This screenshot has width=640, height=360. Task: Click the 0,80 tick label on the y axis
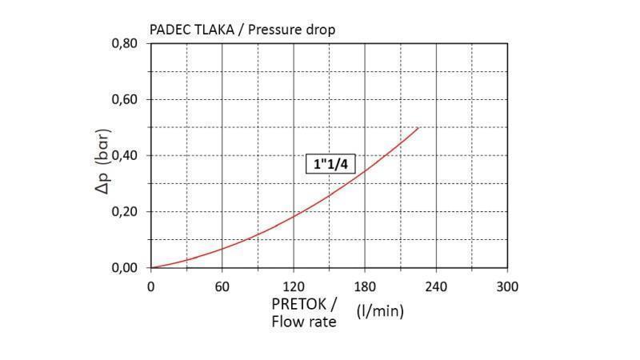[124, 43]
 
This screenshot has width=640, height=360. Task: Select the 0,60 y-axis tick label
[124, 99]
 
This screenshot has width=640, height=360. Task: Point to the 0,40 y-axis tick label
[124, 155]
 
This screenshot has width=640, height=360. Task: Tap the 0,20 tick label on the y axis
[124, 211]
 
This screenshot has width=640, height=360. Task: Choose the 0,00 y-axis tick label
[124, 267]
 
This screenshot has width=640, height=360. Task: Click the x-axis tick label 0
[151, 286]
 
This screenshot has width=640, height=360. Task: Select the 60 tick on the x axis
[222, 286]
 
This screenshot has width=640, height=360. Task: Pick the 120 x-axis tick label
[294, 286]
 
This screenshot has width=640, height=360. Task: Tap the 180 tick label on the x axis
[365, 286]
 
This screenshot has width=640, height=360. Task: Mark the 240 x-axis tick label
[436, 286]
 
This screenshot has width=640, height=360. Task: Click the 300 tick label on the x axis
[507, 286]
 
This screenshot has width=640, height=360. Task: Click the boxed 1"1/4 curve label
[331, 164]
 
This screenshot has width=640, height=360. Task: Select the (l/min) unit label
[380, 310]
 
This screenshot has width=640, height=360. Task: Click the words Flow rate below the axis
[305, 322]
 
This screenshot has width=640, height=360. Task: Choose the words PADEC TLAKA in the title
[191, 30]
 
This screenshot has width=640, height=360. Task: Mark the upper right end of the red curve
[418, 128]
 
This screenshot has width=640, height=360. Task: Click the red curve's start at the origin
[152, 267]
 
